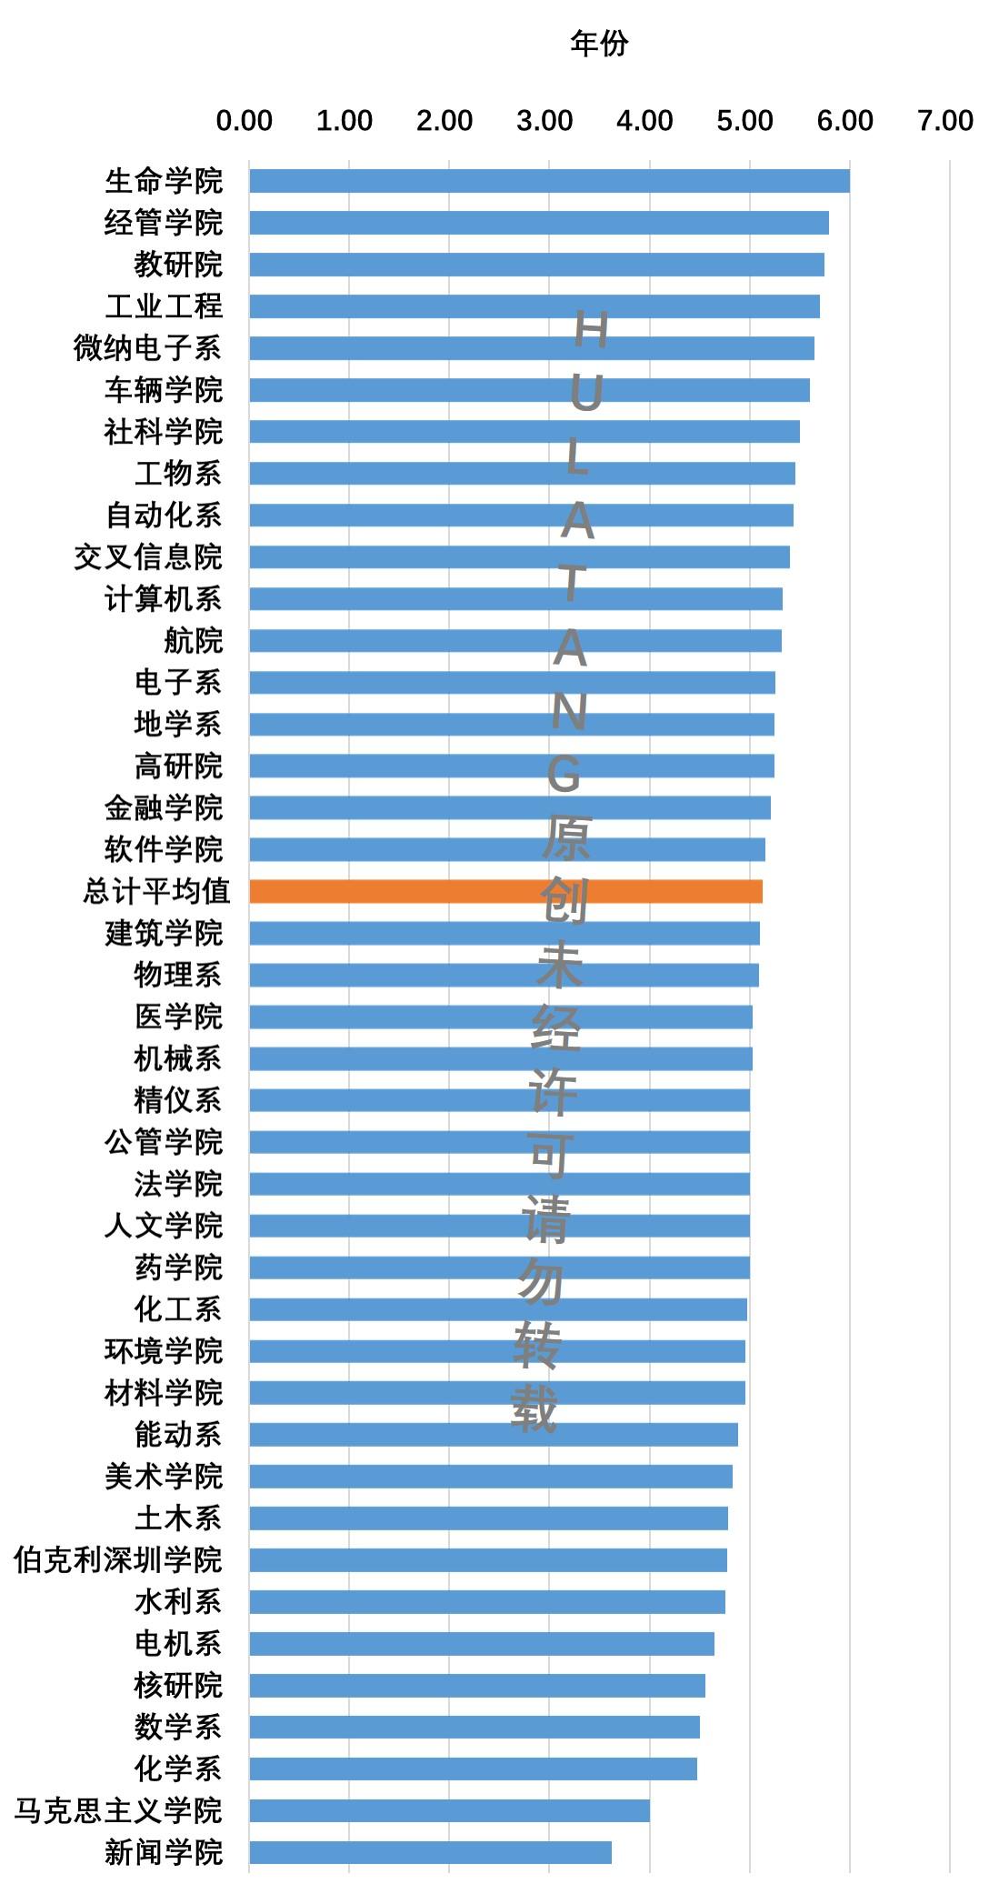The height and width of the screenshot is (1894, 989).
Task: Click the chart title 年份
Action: (599, 43)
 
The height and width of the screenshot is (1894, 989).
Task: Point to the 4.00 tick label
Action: (644, 121)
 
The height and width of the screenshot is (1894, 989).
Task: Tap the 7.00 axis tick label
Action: (945, 121)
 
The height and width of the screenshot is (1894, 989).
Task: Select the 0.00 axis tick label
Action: (244, 121)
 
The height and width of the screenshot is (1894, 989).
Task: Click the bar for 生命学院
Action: (549, 181)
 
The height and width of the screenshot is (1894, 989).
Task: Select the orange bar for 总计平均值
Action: (505, 891)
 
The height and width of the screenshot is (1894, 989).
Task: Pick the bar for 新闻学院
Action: (430, 1852)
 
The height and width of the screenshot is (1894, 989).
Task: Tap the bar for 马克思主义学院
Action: (449, 1810)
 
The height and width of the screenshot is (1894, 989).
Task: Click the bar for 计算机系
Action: (515, 598)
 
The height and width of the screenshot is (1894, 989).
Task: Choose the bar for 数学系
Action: (474, 1727)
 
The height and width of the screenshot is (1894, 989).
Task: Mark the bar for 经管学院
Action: (538, 223)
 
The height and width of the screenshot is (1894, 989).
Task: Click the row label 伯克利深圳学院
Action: (118, 1560)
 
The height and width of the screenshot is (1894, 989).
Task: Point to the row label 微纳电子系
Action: (147, 348)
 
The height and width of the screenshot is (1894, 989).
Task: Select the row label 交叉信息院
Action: (147, 556)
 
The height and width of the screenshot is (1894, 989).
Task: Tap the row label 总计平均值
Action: (156, 891)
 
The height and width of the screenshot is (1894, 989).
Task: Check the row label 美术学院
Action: (164, 1477)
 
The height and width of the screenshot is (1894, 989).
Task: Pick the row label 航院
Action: (193, 640)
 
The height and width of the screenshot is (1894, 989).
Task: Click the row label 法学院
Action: (178, 1184)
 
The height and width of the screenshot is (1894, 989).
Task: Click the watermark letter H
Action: (591, 330)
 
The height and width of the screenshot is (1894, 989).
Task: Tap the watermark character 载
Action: (534, 1410)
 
